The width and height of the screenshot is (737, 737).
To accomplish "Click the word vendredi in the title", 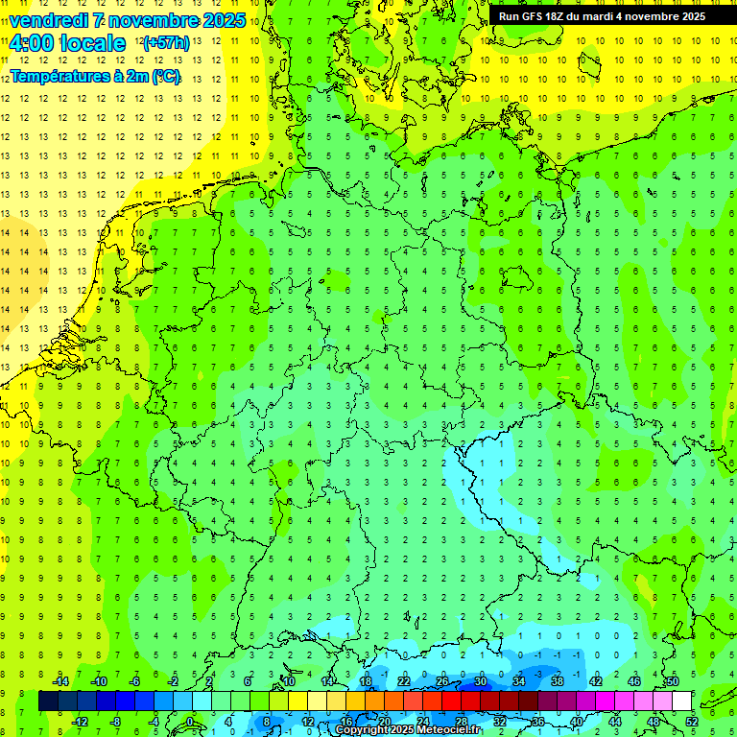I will click(49, 20).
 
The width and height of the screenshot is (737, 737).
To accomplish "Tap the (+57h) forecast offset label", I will click(166, 42).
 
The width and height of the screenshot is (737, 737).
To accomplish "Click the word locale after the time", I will click(92, 43).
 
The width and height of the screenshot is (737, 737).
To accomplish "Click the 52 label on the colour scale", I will click(691, 721).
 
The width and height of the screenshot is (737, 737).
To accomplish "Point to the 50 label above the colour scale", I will click(672, 680).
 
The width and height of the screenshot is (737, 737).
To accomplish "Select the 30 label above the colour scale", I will click(480, 680).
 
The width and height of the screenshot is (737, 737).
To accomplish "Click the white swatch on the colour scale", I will click(681, 701).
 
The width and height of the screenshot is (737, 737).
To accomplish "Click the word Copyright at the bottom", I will click(365, 730).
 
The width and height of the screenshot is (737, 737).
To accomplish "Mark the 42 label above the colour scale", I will click(595, 680).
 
